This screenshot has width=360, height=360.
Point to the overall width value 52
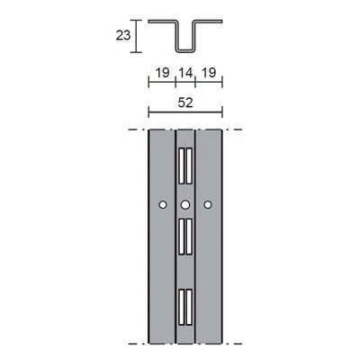coord(184,103)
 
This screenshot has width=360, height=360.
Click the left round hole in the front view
coord(161,205)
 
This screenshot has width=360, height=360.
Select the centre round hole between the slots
coord(184,205)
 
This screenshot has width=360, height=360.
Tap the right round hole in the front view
coord(207,205)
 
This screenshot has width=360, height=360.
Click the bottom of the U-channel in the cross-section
coord(184,49)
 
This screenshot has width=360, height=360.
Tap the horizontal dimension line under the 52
coord(184,113)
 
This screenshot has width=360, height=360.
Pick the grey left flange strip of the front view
coord(160,270)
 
